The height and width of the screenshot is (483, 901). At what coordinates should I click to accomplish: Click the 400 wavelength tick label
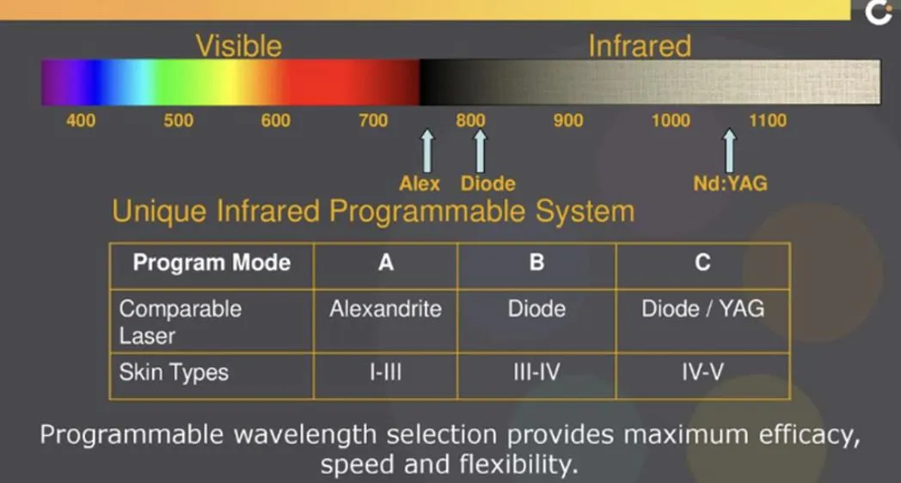(81, 120)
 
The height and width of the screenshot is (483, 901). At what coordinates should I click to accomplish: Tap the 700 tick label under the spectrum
(373, 120)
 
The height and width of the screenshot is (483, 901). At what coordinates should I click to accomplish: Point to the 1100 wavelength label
(768, 120)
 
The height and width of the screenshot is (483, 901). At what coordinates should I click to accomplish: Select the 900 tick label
(568, 120)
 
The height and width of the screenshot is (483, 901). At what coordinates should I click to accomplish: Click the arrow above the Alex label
(427, 150)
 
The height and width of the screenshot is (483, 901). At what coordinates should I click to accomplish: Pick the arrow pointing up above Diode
(481, 150)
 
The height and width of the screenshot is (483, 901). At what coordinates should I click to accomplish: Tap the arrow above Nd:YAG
(729, 150)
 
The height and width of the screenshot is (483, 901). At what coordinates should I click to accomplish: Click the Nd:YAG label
(730, 184)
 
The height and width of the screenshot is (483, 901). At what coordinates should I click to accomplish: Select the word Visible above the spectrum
(238, 46)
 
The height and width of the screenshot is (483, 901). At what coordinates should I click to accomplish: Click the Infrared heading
(640, 46)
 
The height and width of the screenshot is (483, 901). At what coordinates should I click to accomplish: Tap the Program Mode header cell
(211, 263)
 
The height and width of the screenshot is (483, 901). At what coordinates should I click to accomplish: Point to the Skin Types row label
(174, 373)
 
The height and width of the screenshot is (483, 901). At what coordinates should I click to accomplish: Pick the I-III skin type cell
(385, 372)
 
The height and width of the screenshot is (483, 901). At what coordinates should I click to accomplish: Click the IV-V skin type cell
(702, 372)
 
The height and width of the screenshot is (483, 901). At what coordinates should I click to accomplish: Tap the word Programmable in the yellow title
(427, 212)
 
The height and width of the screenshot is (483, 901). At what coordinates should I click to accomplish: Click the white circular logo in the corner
(879, 12)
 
